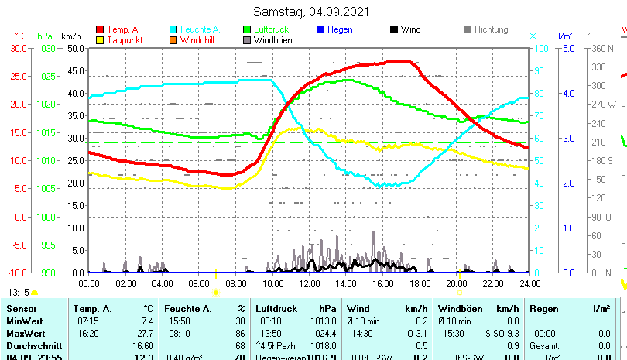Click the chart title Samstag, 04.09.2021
tap(312, 12)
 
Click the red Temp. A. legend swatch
tap(100, 29)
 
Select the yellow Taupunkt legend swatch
tap(100, 39)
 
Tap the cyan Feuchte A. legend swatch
tap(173, 29)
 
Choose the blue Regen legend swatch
tap(320, 29)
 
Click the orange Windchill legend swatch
tap(173, 39)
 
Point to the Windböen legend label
tap(273, 39)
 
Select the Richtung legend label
tap(492, 29)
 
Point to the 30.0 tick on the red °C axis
tap(18, 48)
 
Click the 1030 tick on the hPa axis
tap(46, 48)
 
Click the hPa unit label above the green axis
tap(45, 36)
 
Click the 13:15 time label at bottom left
tap(19, 293)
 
